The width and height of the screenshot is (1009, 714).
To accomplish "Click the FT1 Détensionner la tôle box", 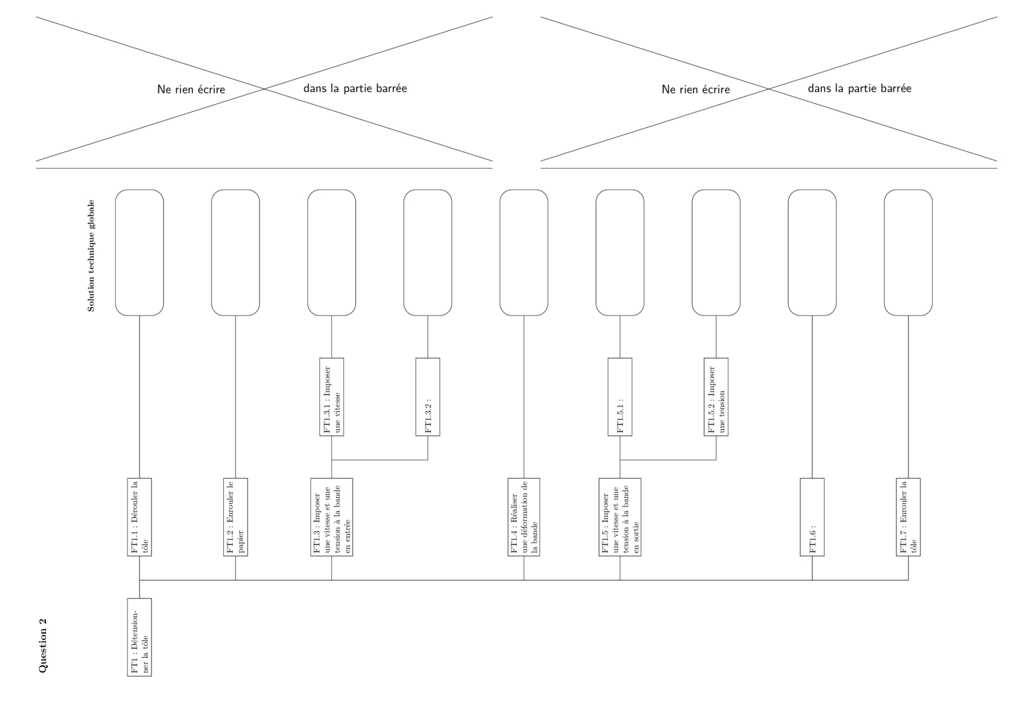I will pyautogui.click(x=140, y=637).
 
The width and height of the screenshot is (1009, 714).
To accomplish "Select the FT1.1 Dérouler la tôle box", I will pyautogui.click(x=140, y=517).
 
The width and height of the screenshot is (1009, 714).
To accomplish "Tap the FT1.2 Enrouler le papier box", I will pyautogui.click(x=235, y=517).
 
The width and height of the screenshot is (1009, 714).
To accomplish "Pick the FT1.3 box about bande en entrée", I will pyautogui.click(x=331, y=517).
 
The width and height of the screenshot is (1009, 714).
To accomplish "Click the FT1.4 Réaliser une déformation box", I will pyautogui.click(x=524, y=517).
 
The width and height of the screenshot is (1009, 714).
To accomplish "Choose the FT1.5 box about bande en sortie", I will pyautogui.click(x=620, y=517).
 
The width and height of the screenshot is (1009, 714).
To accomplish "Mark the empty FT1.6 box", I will pyautogui.click(x=812, y=517).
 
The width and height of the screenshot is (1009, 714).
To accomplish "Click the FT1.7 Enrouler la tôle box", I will pyautogui.click(x=908, y=517).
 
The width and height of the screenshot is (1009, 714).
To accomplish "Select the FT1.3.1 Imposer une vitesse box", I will pyautogui.click(x=331, y=397).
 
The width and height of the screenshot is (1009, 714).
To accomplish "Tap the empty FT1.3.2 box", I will pyautogui.click(x=428, y=397).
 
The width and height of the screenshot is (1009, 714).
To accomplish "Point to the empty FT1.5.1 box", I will pyautogui.click(x=620, y=397).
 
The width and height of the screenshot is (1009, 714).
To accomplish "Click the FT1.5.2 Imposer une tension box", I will pyautogui.click(x=716, y=397).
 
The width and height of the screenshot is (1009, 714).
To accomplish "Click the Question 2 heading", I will pyautogui.click(x=43, y=646).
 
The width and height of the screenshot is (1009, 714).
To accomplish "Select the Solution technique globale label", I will pyautogui.click(x=91, y=256).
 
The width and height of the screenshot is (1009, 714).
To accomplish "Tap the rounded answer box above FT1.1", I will pyautogui.click(x=140, y=253).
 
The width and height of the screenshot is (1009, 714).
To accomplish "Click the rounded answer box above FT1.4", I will pyautogui.click(x=524, y=253).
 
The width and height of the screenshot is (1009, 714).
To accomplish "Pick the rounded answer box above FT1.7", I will pyautogui.click(x=908, y=253).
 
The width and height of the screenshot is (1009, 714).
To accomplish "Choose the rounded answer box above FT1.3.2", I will pyautogui.click(x=428, y=253).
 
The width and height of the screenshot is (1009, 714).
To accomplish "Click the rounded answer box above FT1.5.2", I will pyautogui.click(x=716, y=253).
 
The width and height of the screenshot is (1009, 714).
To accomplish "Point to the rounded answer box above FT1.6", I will pyautogui.click(x=812, y=253).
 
